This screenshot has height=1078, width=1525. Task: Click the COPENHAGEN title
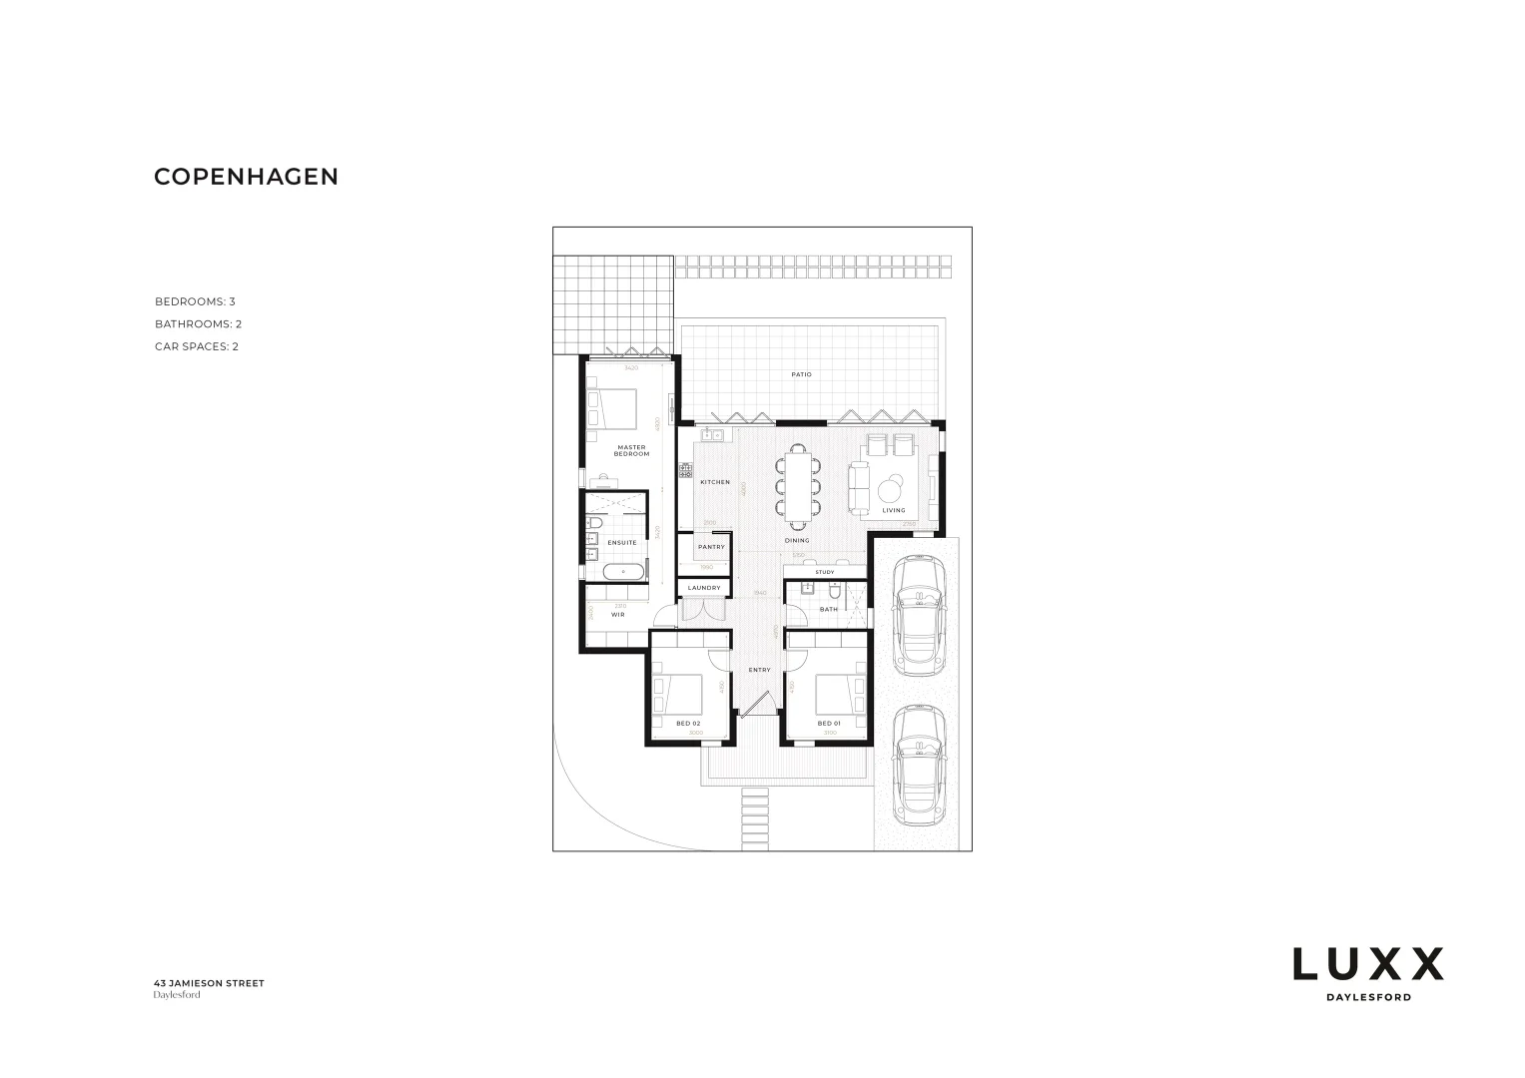pos(246,177)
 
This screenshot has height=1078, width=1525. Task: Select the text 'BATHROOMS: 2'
pos(198,324)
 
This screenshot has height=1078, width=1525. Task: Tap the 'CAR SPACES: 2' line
pos(196,347)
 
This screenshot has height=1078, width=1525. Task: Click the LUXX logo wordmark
pos(1367,964)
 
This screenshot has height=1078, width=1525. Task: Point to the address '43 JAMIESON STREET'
pos(209,983)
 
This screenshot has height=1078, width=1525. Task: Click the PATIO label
pos(801,375)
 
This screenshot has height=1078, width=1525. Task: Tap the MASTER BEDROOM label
pos(631,451)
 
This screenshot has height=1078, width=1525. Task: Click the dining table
pos(799,486)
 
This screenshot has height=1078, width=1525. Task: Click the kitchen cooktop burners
pos(686,470)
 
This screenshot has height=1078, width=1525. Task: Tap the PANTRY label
pos(711,547)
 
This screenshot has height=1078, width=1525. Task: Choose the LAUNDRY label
pos(704,588)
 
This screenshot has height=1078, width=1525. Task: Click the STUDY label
pos(825,572)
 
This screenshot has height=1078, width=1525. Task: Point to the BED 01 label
pos(829,724)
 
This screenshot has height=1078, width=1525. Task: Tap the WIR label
pos(618,615)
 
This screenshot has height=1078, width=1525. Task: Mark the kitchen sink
pos(710,435)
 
